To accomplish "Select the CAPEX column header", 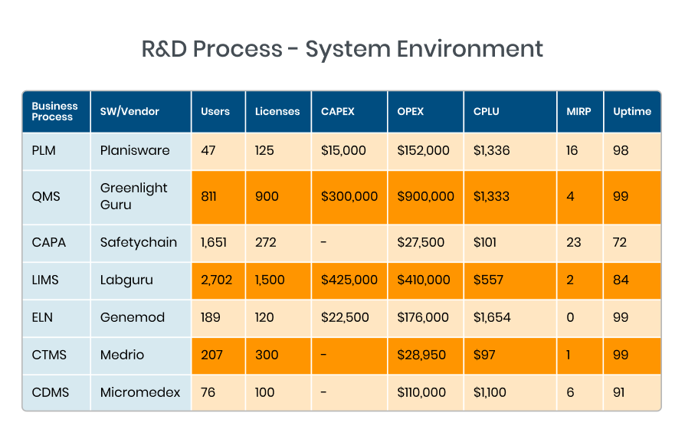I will coord(337,111).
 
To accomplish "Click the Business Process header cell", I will coord(54,111).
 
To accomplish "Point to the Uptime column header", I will coord(631,111).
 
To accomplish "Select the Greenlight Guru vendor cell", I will coord(133,196).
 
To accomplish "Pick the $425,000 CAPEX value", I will coord(349,280).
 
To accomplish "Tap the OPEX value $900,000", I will coord(425,196).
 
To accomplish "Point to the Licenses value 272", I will coord(264,242).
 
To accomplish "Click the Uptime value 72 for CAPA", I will coord(619,242).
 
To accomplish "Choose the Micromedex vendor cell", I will coord(140,392).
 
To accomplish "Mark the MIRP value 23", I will coord(572,242).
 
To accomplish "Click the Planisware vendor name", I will coord(135,150).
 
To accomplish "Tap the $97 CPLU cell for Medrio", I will coord(484,355).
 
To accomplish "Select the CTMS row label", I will coord(48,355).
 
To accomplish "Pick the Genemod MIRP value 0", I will coord(569,317).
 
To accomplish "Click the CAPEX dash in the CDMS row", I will coord(324,392).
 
